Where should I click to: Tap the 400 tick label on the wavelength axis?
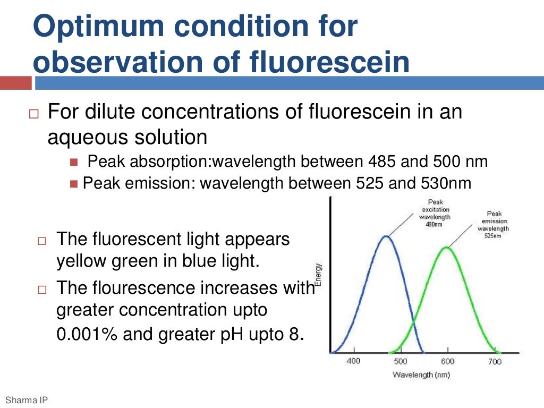[353, 361]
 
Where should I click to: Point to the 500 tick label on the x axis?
[400, 361]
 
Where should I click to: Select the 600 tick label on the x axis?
[448, 361]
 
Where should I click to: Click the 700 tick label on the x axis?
[495, 361]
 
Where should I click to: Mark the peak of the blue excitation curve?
[386, 236]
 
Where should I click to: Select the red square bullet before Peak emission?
[73, 184]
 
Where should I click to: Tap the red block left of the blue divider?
[15, 83]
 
